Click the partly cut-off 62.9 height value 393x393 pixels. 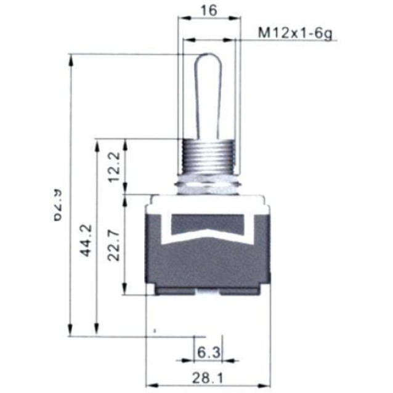coord(59,203)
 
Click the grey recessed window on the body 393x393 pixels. coord(208,224)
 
